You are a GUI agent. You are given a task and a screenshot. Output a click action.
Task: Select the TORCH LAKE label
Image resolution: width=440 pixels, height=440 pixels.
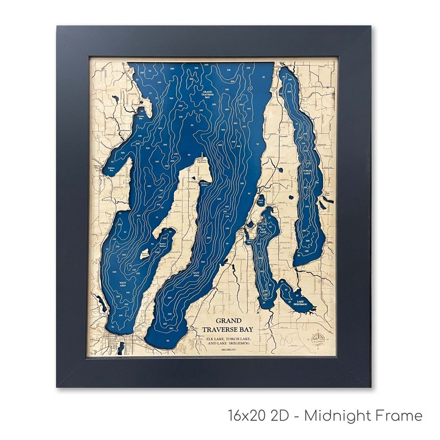click(x=308, y=172)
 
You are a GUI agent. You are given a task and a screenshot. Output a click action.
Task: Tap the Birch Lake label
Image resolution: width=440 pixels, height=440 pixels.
click(x=260, y=202)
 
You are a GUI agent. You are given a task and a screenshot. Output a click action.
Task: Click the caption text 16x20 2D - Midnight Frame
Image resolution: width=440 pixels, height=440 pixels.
click(x=325, y=416)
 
